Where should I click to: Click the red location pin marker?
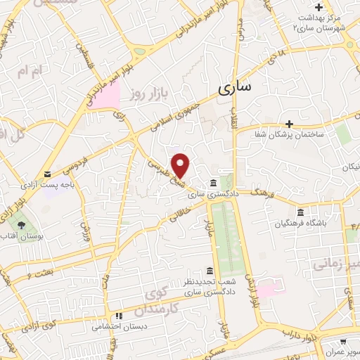[x=181, y=165]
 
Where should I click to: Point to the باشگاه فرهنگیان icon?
[x=301, y=212]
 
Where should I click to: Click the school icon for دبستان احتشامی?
[x=120, y=316]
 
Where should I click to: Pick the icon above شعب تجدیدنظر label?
[x=209, y=271]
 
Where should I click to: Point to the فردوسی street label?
[x=76, y=159]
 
